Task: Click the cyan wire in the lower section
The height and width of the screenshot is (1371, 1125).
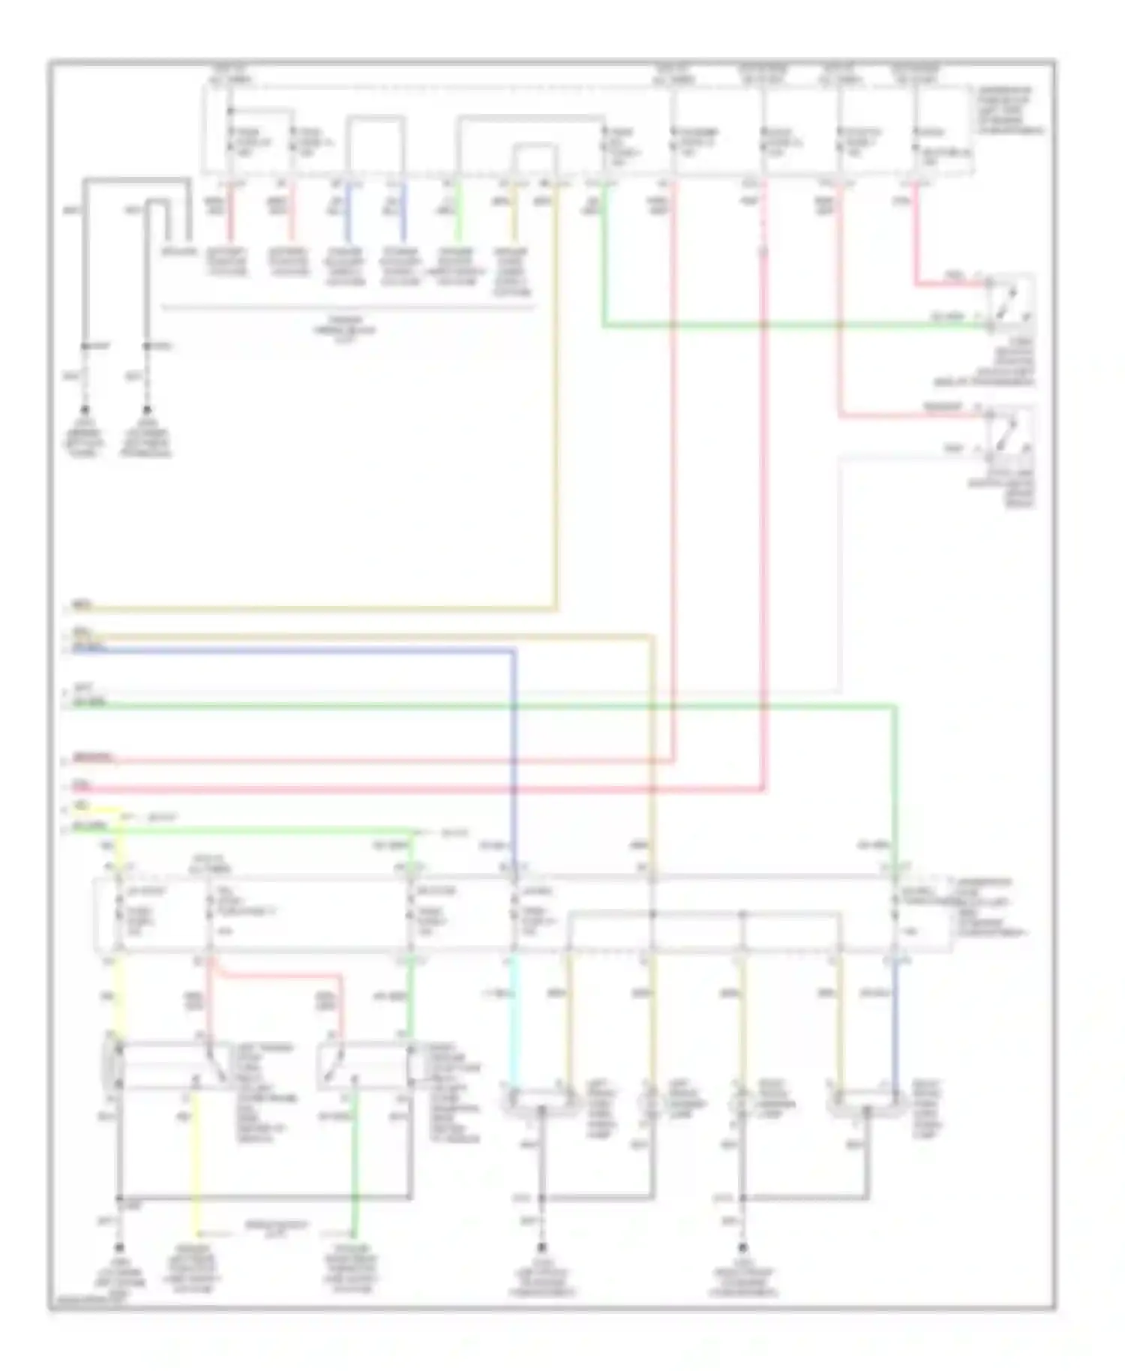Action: pyautogui.click(x=514, y=1020)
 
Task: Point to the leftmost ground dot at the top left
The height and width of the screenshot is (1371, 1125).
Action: pyautogui.click(x=85, y=410)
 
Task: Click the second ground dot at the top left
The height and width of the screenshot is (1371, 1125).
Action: pyautogui.click(x=147, y=410)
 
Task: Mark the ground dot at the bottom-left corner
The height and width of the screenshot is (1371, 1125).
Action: pyautogui.click(x=118, y=1247)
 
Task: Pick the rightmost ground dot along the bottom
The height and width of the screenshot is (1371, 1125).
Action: pyautogui.click(x=742, y=1247)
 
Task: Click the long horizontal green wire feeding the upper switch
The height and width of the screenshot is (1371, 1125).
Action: pyautogui.click(x=787, y=326)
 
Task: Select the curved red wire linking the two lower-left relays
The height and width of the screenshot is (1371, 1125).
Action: pyautogui.click(x=277, y=975)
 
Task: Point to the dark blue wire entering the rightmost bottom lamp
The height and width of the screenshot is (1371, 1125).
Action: pyautogui.click(x=895, y=1020)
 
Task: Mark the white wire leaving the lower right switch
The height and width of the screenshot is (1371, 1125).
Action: pyautogui.click(x=840, y=570)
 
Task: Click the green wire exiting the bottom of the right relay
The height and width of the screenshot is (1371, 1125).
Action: pyautogui.click(x=355, y=1170)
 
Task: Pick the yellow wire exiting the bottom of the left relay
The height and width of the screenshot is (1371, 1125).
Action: pyautogui.click(x=196, y=1170)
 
